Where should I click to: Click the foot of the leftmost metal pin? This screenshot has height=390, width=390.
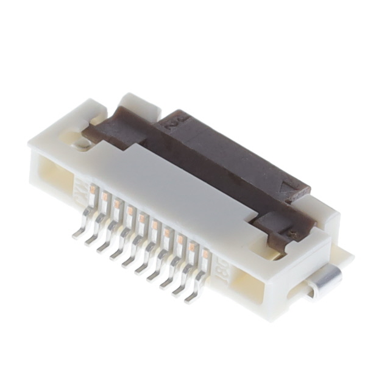pyautogui.click(x=77, y=235)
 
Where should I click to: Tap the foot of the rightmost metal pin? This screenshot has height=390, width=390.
pyautogui.click(x=191, y=298)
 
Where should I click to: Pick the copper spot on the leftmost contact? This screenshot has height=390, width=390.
pyautogui.click(x=91, y=190)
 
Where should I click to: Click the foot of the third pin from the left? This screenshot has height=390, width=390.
pyautogui.click(x=102, y=249)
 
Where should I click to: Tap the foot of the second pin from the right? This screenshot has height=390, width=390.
pyautogui.click(x=178, y=291)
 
